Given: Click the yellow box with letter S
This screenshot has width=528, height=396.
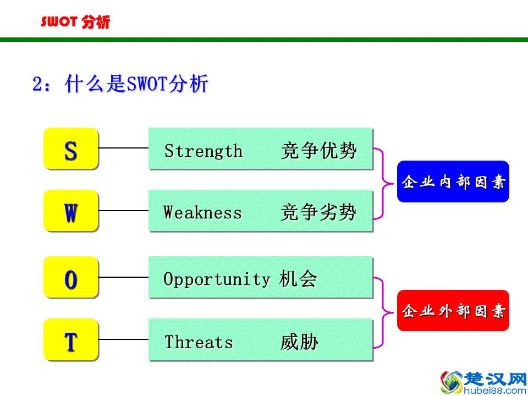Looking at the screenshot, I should [x=70, y=148].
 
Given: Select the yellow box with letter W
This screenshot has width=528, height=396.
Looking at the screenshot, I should [x=70, y=211].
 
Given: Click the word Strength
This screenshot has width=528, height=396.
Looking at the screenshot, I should [x=203, y=151].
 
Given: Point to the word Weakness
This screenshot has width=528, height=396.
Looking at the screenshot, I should [x=202, y=213].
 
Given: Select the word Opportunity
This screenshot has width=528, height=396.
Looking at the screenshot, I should [x=217, y=279].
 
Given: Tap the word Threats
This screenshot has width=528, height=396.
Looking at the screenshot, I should [x=199, y=342].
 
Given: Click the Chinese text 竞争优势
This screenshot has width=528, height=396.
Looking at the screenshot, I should [x=318, y=150].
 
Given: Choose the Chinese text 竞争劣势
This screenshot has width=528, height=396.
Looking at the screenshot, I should [x=318, y=212].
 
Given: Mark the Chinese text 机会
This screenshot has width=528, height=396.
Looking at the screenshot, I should [x=299, y=279].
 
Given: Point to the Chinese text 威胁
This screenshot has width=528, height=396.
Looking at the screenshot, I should [x=299, y=342].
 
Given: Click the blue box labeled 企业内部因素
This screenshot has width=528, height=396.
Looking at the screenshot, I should [x=453, y=182].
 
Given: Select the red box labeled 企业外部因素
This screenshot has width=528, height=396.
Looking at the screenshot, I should [x=453, y=311].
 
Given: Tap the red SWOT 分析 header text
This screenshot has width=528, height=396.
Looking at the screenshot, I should [x=76, y=22].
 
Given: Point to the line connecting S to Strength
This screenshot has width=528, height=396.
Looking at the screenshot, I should [x=123, y=148].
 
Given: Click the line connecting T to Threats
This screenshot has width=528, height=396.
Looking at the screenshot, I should [x=123, y=339].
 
